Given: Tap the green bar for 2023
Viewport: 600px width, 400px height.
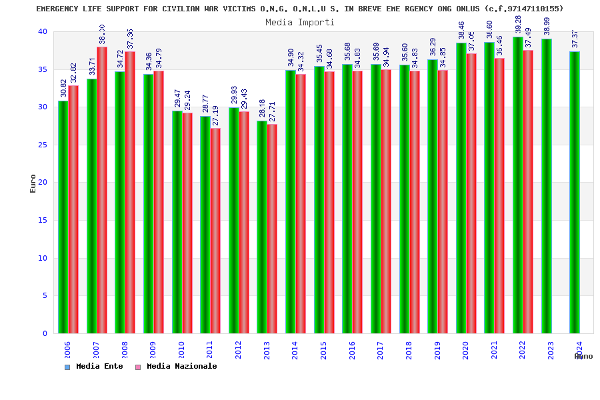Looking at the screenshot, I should tap(547, 186).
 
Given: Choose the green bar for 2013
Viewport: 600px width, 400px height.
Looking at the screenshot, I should tap(262, 227).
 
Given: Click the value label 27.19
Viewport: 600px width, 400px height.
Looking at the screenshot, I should tap(216, 116).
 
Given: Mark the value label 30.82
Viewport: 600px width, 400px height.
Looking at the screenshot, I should tap(64, 88).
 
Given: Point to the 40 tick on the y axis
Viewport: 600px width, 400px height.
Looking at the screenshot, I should tap(43, 31).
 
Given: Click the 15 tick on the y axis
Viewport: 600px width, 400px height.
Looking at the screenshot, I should tap(43, 220).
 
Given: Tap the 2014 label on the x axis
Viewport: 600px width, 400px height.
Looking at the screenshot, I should tap(295, 351).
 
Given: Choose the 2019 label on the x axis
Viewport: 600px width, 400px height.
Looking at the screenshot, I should tap(437, 351).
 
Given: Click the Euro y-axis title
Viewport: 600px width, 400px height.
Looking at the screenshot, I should tap(33, 183).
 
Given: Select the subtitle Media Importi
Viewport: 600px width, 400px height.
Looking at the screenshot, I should tap(300, 22).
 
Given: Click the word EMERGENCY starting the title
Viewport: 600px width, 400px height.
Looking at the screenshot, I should tap(58, 9).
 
